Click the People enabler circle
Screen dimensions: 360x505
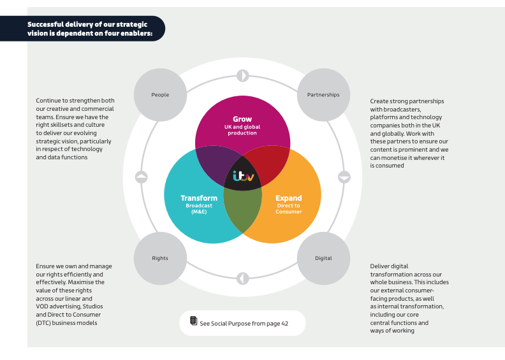160,95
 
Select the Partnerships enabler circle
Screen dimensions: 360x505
323,95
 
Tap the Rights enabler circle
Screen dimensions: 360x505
160,258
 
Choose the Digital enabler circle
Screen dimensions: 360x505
323,258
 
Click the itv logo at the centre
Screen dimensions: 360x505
243,176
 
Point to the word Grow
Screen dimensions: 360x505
242,119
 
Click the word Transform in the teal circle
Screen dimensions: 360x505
199,198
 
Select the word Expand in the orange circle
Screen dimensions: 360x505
288,198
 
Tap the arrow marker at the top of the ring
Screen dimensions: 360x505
242,76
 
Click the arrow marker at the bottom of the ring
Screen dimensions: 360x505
242,278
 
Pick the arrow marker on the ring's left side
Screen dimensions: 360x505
142,177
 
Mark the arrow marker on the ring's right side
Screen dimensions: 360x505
344,177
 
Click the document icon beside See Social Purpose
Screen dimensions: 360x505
194,322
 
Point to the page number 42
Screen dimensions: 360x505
285,324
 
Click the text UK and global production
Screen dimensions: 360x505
242,130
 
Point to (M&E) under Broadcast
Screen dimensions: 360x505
199,212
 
